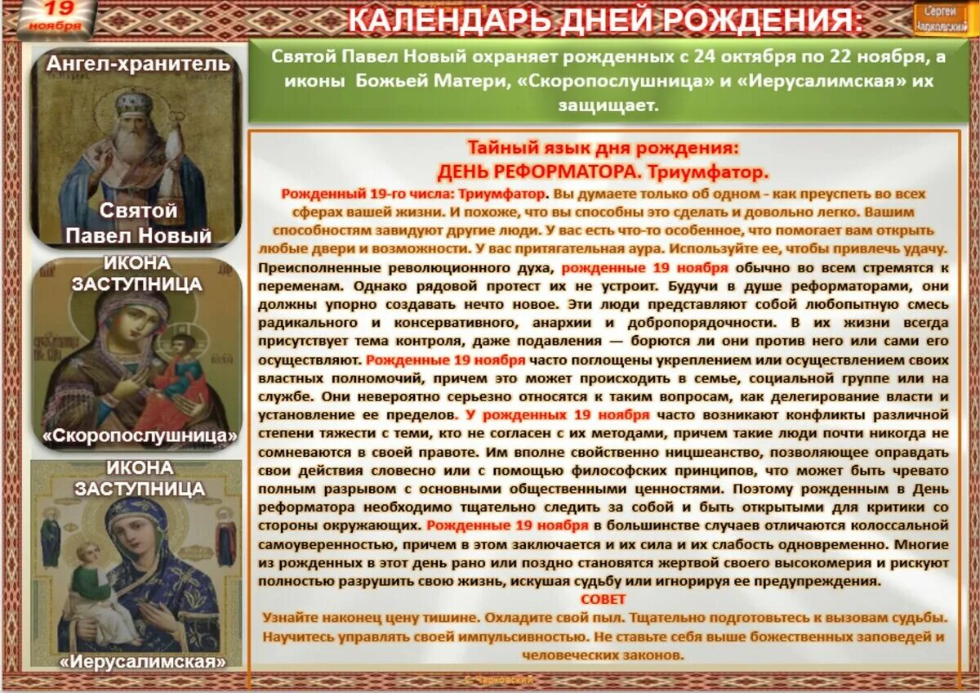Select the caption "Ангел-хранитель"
[x=138, y=64]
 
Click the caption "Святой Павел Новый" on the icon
[x=138, y=223]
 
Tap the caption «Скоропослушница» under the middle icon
[x=140, y=435]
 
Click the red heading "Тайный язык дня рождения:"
[x=603, y=148]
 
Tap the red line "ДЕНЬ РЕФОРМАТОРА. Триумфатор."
[x=603, y=172]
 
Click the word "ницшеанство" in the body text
[x=605, y=454]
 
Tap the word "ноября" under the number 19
[x=55, y=25]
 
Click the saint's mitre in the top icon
[x=131, y=101]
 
